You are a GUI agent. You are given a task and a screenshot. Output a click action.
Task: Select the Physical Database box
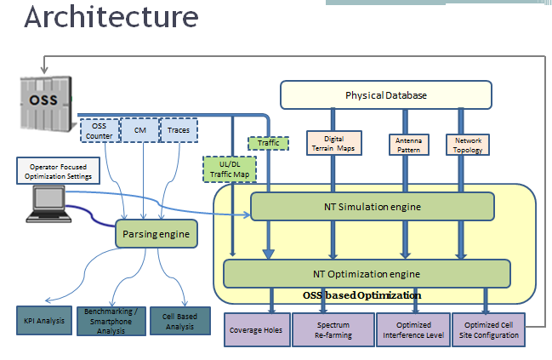click(x=386, y=94)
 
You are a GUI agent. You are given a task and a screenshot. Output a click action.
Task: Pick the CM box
click(x=139, y=130)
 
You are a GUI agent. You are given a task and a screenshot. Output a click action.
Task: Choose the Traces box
click(x=179, y=130)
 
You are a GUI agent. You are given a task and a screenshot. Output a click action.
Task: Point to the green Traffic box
click(x=269, y=143)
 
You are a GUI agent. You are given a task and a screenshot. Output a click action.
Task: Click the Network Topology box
click(x=469, y=142)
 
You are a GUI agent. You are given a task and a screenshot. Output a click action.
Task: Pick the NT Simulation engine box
click(x=372, y=206)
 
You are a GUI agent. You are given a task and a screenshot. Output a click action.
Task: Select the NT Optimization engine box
click(x=367, y=274)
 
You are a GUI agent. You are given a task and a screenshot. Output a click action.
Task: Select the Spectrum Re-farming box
click(x=333, y=330)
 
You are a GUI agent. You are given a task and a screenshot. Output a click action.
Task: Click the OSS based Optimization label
click(x=361, y=295)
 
